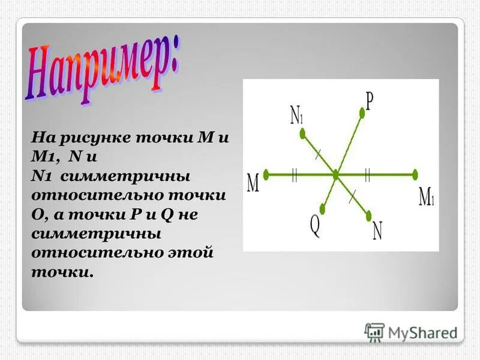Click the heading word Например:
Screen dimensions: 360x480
[102, 71]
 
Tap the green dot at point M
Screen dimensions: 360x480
[266, 175]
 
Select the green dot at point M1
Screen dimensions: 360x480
[413, 175]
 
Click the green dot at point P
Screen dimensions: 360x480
[362, 110]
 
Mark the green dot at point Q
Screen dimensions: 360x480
[323, 210]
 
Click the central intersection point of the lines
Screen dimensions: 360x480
[335, 175]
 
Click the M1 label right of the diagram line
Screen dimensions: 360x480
[426, 196]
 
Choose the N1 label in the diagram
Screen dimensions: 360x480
[296, 115]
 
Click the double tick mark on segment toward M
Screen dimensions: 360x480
[294, 175]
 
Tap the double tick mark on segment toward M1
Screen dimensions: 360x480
[367, 175]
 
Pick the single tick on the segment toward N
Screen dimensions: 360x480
[353, 193]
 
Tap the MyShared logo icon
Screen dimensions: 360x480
[374, 332]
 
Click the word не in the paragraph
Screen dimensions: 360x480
[188, 215]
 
